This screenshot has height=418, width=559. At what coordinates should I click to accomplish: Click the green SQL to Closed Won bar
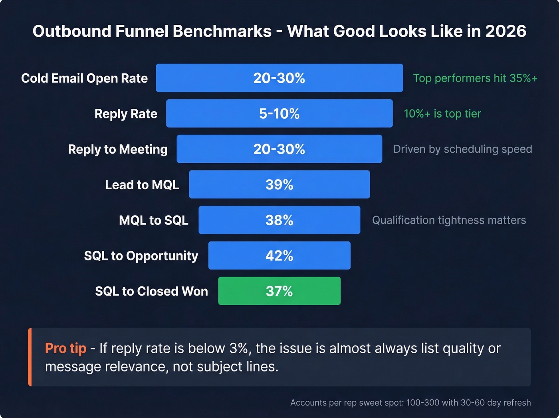[x=279, y=291]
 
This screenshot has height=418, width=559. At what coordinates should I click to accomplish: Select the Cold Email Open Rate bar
[x=279, y=78]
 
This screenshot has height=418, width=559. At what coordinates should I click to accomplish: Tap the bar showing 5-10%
[x=279, y=114]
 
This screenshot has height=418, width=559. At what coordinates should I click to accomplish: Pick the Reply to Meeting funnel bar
[x=279, y=149]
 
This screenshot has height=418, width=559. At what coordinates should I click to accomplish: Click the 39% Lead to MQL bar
[x=279, y=184]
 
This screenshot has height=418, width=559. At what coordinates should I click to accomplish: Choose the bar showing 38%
[x=279, y=220]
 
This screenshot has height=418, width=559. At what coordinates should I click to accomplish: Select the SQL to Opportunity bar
[x=279, y=256]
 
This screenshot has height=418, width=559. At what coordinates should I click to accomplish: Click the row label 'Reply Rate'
[x=126, y=114]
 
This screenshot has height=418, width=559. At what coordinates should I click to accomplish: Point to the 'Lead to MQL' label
[x=142, y=185]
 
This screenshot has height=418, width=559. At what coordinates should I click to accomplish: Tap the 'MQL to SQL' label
[x=153, y=220]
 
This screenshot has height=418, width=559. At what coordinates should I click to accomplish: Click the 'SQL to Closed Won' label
[x=151, y=291]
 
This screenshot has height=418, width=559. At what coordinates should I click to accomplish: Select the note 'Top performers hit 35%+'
[x=475, y=78]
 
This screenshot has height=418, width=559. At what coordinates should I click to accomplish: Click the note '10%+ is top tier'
[x=442, y=114]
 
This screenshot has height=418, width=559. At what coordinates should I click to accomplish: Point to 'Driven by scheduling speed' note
[x=462, y=149]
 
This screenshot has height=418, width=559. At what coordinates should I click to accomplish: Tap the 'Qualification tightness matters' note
[x=449, y=220]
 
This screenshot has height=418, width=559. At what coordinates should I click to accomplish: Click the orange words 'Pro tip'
[x=65, y=348]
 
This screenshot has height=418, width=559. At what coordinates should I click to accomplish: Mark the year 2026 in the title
[x=505, y=31]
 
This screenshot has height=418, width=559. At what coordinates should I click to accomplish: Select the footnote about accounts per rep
[x=410, y=402]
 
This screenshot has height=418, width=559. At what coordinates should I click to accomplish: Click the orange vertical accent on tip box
[x=30, y=357]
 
